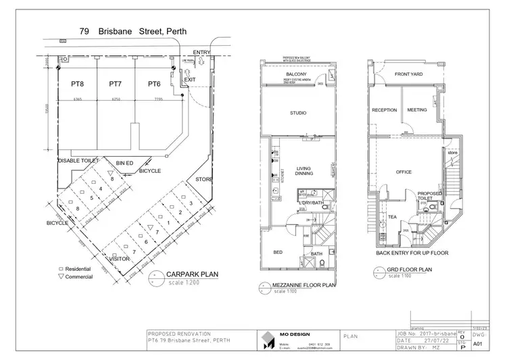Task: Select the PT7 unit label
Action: pyautogui.click(x=115, y=84)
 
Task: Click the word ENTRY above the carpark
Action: pyautogui.click(x=201, y=52)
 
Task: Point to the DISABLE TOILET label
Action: pyautogui.click(x=78, y=161)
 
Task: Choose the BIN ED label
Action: pyautogui.click(x=124, y=163)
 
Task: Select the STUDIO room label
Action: pyautogui.click(x=297, y=113)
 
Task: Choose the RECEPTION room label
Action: pyautogui.click(x=384, y=109)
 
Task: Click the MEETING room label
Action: pyautogui.click(x=417, y=109)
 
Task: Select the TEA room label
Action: pyautogui.click(x=392, y=217)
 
